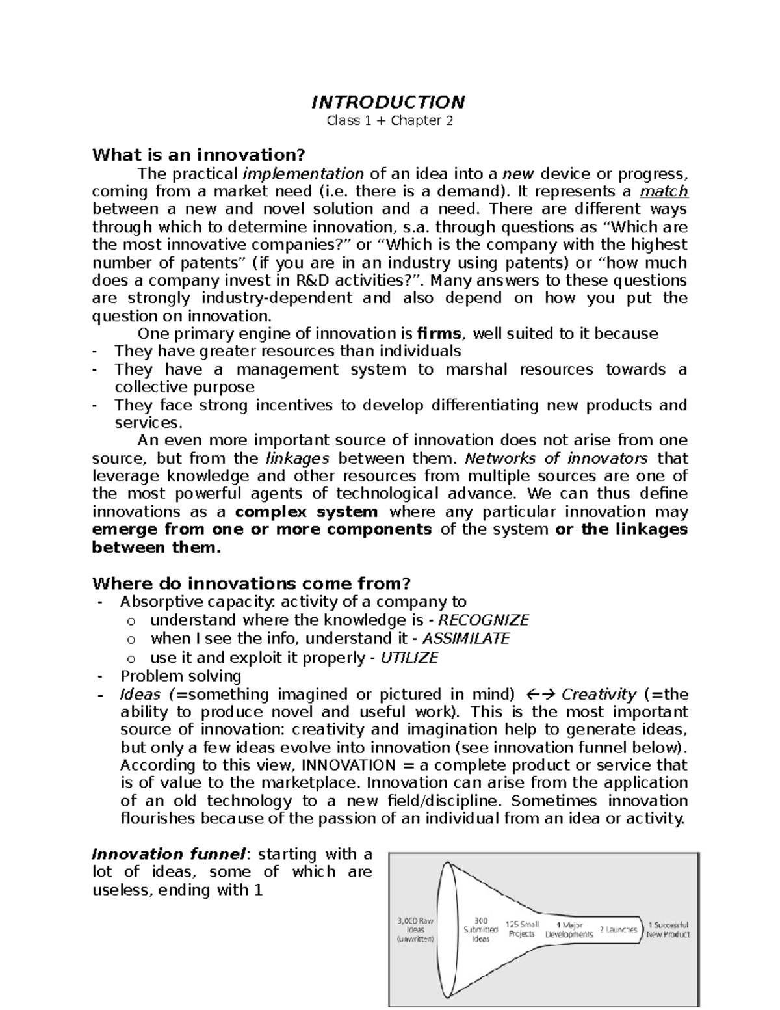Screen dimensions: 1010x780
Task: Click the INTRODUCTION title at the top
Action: [389, 102]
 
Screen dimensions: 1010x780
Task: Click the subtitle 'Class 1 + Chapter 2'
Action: [389, 121]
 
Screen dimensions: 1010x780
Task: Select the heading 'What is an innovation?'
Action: [198, 155]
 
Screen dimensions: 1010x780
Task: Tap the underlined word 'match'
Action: [664, 192]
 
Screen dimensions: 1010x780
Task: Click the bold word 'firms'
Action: [441, 334]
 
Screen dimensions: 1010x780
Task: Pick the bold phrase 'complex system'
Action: [306, 512]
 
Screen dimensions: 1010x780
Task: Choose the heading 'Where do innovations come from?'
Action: [252, 583]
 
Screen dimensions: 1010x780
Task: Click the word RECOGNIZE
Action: [484, 620]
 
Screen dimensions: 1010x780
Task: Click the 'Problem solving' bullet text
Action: [181, 676]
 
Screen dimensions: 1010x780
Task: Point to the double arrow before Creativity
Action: [538, 695]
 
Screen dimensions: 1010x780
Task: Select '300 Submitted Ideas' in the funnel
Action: [480, 929]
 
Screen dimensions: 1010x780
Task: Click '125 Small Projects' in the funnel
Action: [522, 929]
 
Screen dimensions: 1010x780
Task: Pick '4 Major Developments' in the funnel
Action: [569, 929]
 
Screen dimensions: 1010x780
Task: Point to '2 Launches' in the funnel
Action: [618, 930]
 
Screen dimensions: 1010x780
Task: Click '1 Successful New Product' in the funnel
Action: [668, 929]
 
